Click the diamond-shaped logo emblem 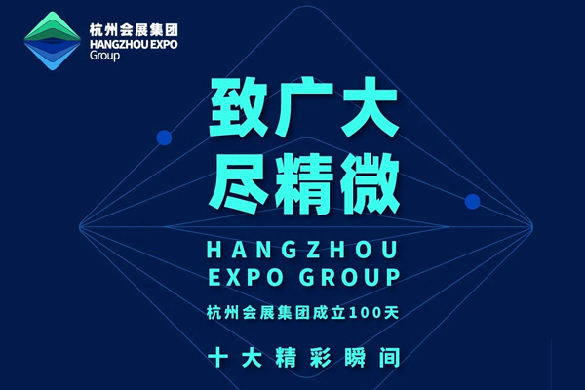point(53,41)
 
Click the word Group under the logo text point(105,56)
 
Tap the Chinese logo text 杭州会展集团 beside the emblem point(134,30)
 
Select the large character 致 point(238,107)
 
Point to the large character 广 point(303,107)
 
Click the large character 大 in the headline point(370,107)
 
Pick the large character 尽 point(238,184)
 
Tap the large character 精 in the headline point(303,184)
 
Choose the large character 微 point(370,184)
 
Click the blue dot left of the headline point(164,137)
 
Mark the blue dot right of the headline point(472,202)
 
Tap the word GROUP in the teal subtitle point(350,277)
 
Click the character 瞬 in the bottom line point(355,357)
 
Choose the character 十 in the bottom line point(217,357)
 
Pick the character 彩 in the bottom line point(321,357)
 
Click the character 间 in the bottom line point(389,357)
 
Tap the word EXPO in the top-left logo point(162,45)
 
